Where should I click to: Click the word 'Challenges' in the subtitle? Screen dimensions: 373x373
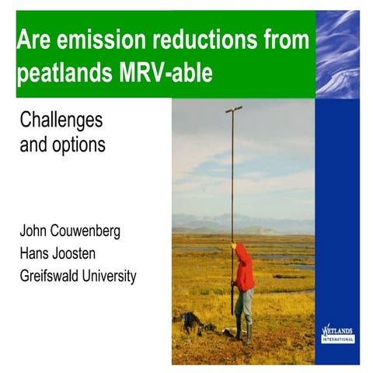61,121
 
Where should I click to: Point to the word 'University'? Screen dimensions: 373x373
112,276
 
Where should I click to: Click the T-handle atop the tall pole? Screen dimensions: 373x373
233,110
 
